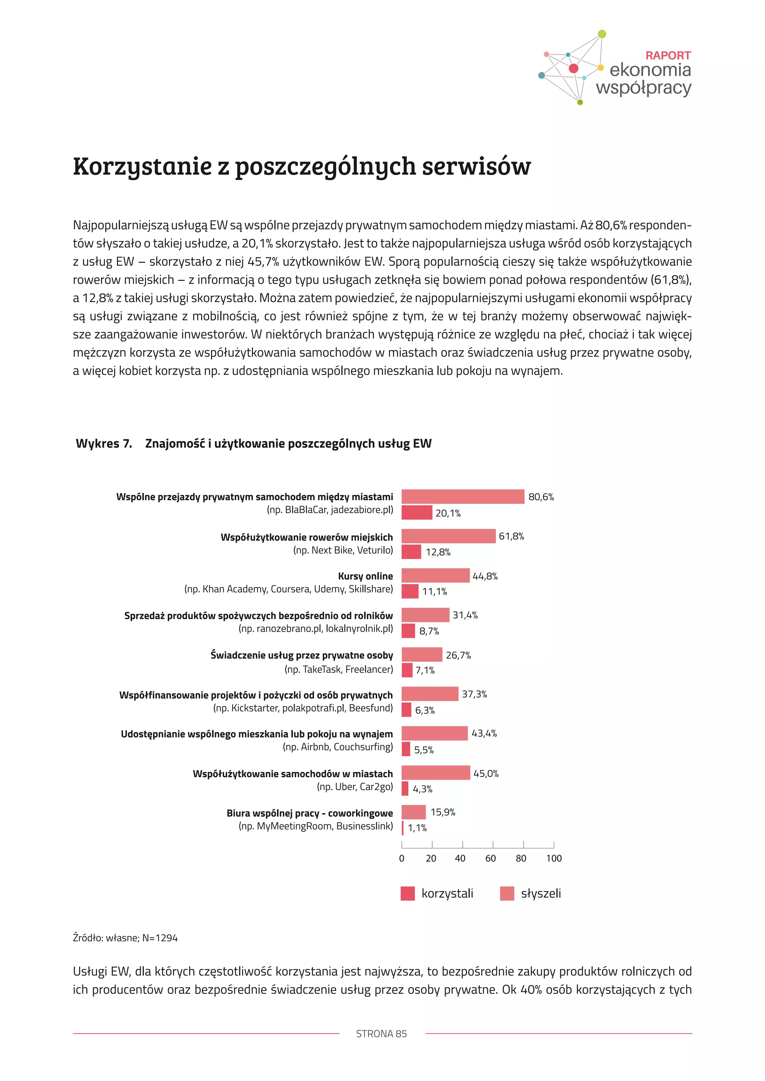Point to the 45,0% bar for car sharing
[x=436, y=773]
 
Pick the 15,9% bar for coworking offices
[x=414, y=812]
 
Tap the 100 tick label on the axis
[x=554, y=858]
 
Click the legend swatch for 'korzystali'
[x=408, y=893]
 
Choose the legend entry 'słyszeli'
[x=540, y=893]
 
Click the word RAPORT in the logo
[x=668, y=56]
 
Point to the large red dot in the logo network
[x=573, y=68]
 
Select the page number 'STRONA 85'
[x=381, y=1034]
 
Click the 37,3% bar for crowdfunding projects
[x=430, y=694]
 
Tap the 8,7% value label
[x=429, y=631]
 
